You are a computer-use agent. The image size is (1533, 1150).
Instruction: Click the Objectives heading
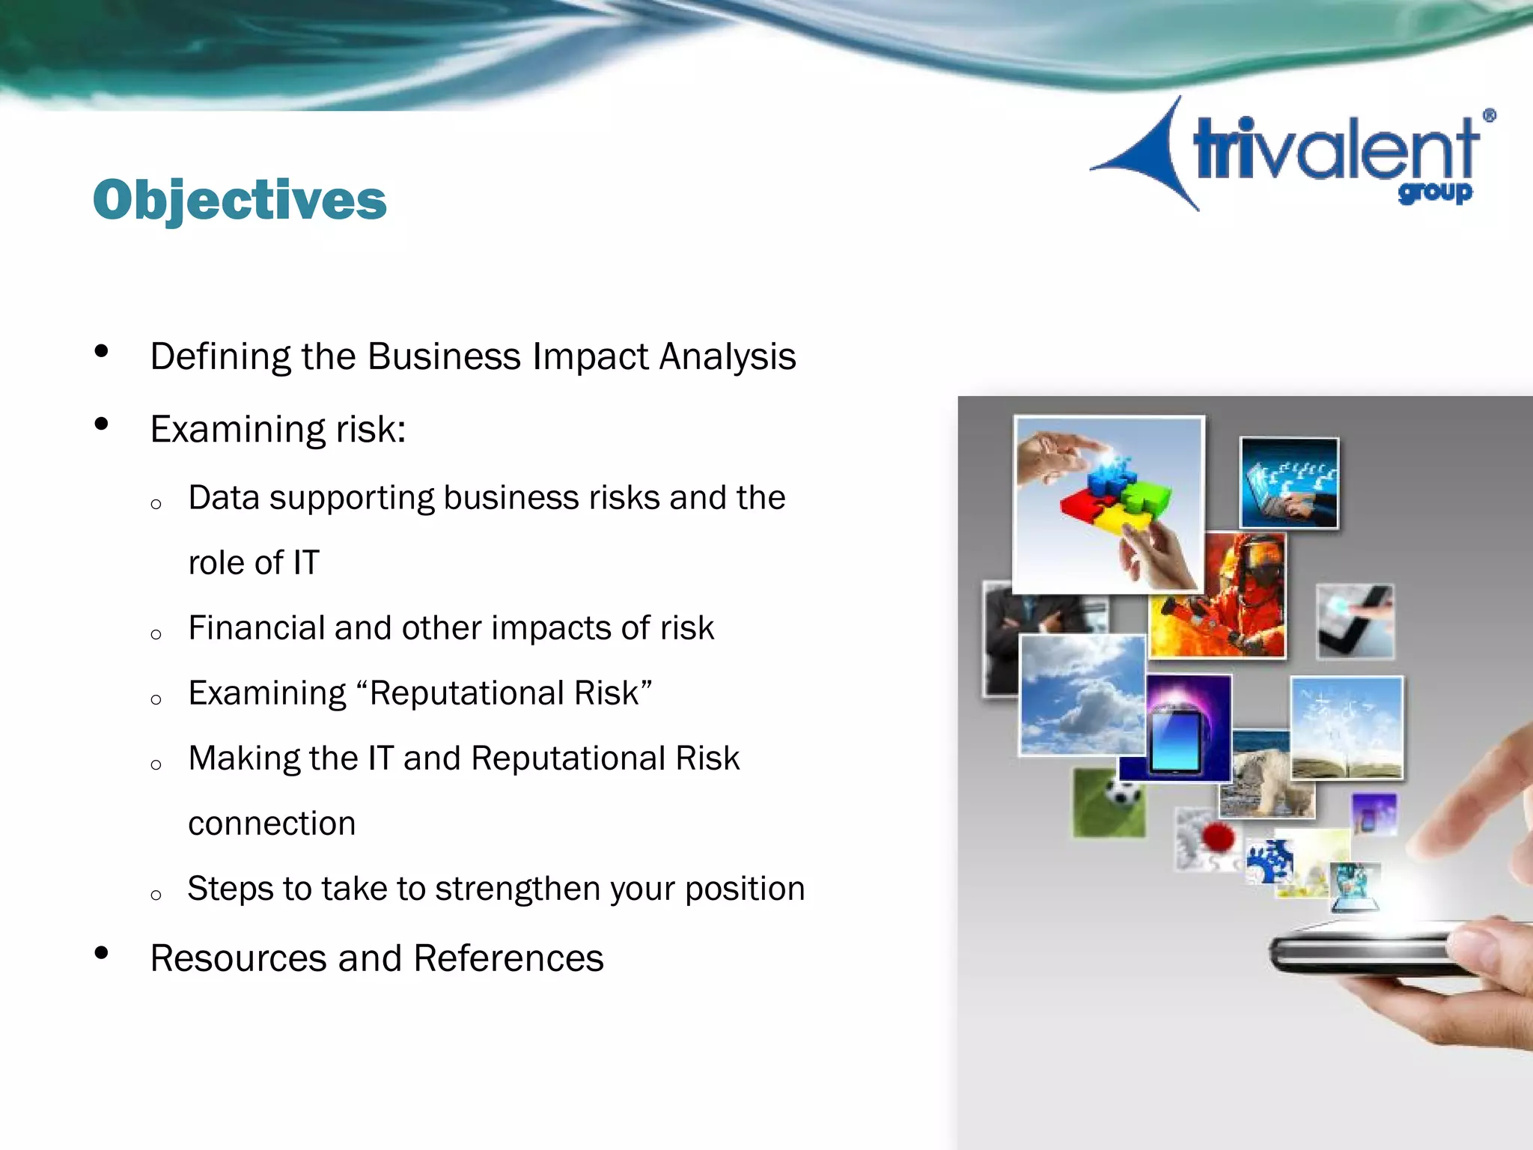240,201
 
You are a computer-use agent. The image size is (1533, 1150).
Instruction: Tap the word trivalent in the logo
1334,150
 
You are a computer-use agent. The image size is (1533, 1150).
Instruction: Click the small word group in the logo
1434,193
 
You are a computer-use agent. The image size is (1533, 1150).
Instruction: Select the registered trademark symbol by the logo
1489,115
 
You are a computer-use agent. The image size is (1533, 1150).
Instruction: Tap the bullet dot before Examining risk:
102,425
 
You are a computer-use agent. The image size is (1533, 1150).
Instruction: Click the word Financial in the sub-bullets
255,628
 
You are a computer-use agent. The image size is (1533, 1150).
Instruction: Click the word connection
272,824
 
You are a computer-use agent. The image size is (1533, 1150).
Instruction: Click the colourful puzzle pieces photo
1109,504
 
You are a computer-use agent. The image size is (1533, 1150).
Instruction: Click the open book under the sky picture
1347,764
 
